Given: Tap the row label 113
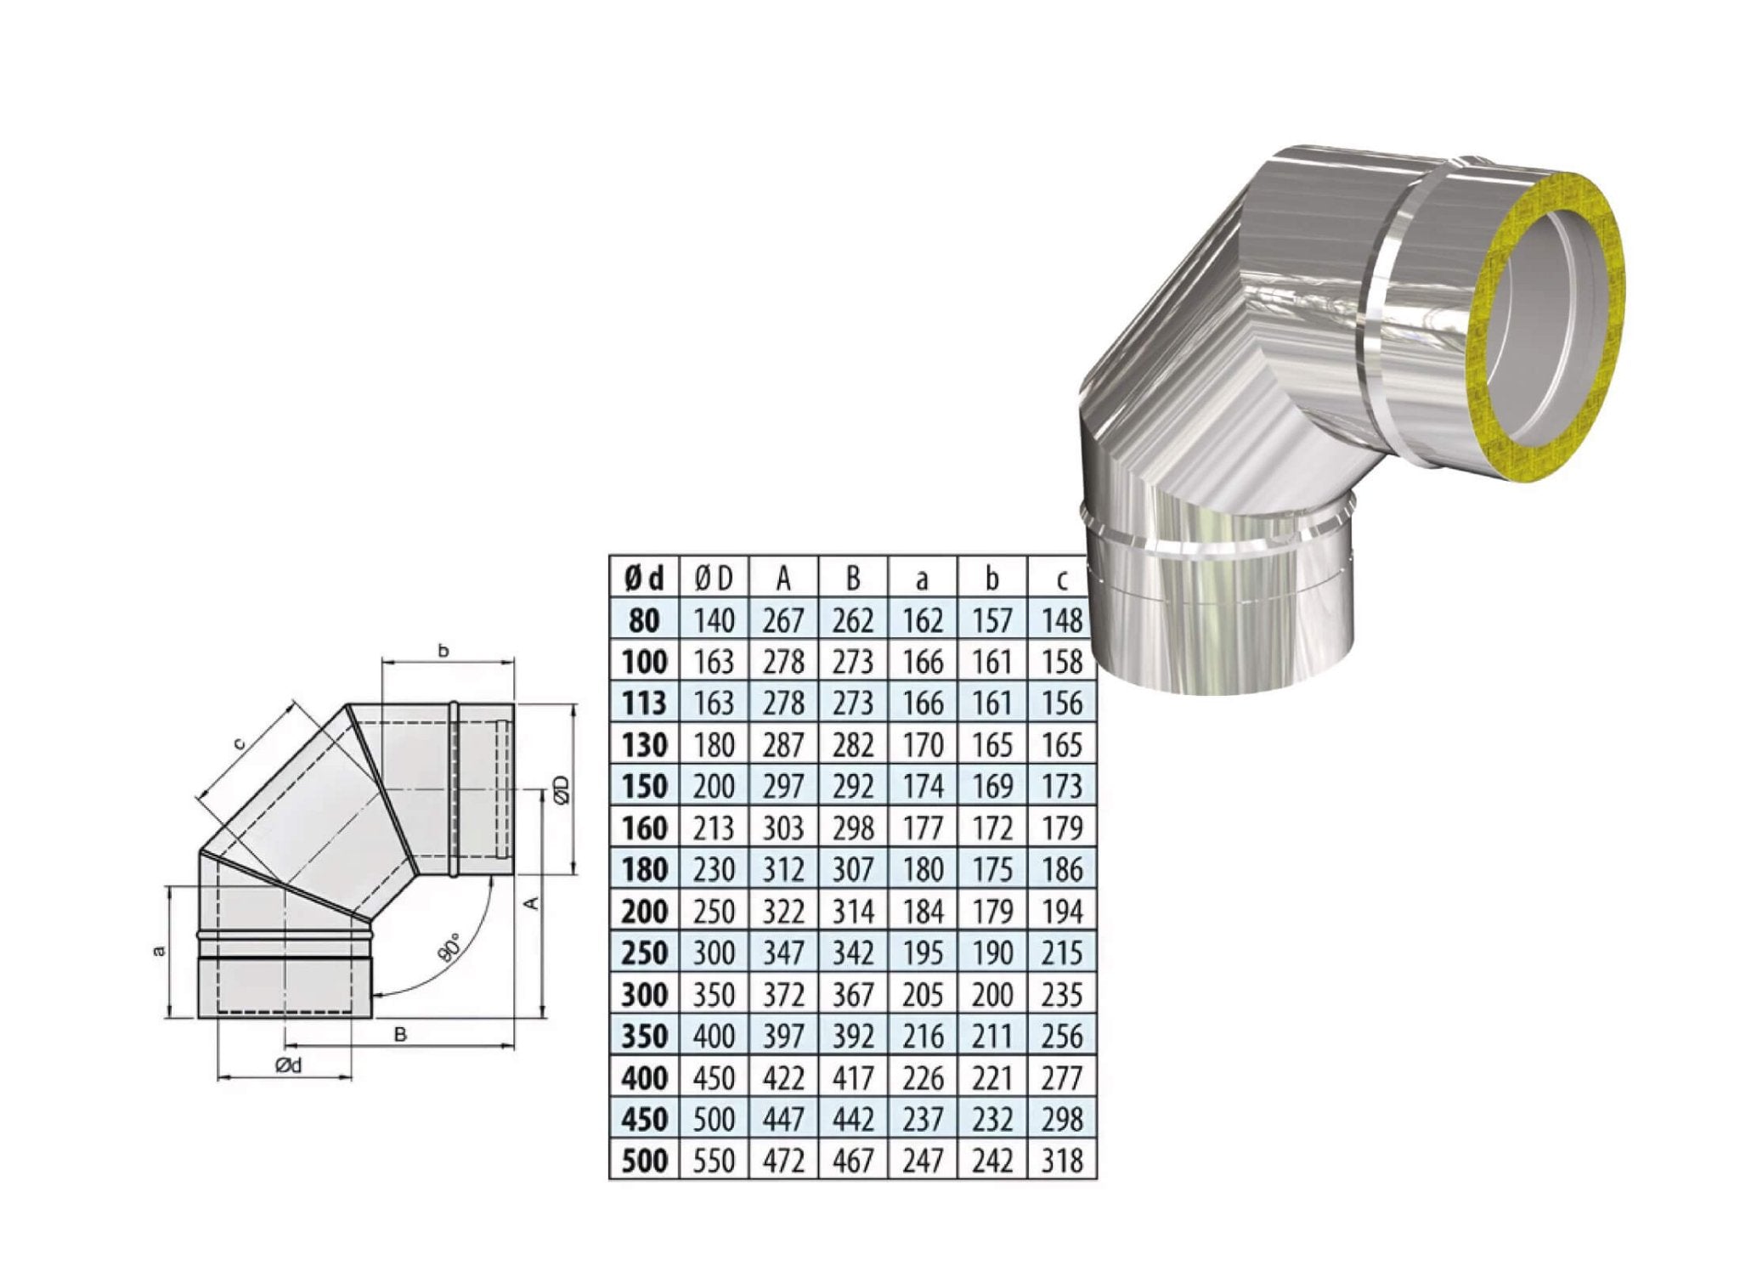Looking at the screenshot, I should coord(644,703).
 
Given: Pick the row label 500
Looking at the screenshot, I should coord(644,1161).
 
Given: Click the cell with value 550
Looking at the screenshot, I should coord(713,1161).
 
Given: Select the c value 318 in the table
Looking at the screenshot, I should coord(1061,1161).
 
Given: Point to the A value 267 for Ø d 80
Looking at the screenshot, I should coord(782,621).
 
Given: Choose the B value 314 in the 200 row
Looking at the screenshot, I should coord(852,912).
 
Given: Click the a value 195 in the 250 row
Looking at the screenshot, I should coord(922,953).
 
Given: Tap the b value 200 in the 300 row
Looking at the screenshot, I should coord(991,995).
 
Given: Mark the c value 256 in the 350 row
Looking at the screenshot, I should coord(1061,1037).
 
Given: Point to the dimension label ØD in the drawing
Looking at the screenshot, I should coord(560,788).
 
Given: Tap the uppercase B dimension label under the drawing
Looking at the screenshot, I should coord(401,1034).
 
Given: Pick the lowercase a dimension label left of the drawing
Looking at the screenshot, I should coord(158,952).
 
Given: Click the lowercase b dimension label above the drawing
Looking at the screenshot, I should coord(443,652).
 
